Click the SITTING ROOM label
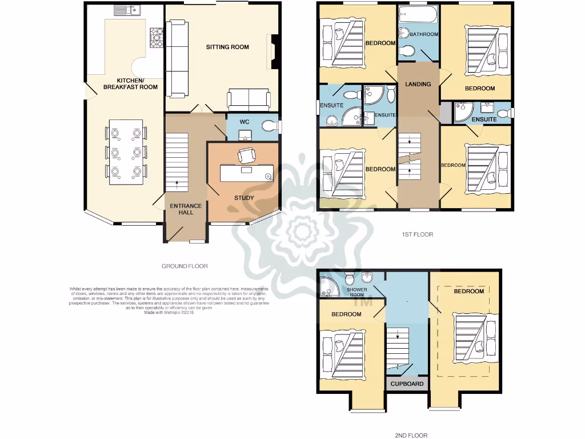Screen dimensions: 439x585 tap(227, 47)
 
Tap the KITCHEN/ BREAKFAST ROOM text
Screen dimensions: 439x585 tap(130, 83)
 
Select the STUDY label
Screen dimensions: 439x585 tap(243, 198)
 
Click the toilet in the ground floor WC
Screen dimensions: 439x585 tap(268, 126)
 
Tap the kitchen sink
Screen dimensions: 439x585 tap(127, 10)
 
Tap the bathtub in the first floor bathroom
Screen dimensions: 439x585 tap(417, 15)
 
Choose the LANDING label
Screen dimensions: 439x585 tap(418, 84)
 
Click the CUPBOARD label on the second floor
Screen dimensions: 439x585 tap(407, 384)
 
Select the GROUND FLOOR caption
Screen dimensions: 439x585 tap(185, 266)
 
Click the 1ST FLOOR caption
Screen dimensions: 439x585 tap(418, 234)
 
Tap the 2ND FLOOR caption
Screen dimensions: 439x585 tap(411, 436)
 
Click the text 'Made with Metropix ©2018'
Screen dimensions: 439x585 tap(169, 312)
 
